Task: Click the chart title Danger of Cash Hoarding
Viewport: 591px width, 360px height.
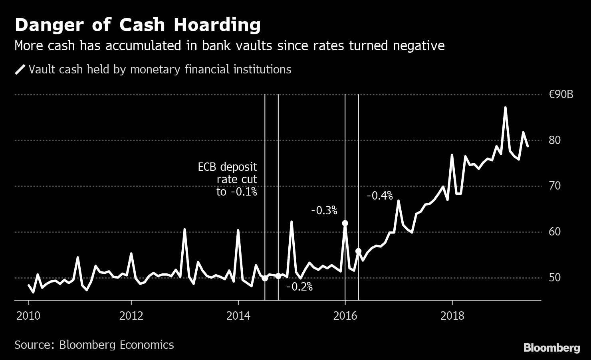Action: (137, 25)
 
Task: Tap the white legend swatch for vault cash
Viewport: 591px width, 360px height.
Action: (20, 70)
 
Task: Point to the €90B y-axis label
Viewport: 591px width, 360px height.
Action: (561, 95)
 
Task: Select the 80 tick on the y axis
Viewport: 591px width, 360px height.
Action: (555, 140)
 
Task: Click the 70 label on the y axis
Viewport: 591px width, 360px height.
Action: (555, 186)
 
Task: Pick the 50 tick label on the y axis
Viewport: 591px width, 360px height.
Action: (555, 277)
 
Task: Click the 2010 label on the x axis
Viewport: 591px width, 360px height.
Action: (28, 316)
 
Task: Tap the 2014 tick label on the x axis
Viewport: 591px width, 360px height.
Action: (238, 316)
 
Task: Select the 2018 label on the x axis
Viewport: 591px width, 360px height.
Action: (452, 316)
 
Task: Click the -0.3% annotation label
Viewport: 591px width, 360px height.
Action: (324, 210)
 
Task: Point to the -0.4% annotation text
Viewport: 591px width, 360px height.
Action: (380, 196)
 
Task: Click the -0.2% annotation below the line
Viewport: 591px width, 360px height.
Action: (299, 287)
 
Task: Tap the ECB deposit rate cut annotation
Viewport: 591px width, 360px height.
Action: (228, 179)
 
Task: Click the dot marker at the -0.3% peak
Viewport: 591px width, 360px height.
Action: (345, 223)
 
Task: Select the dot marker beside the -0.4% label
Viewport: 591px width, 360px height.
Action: (358, 251)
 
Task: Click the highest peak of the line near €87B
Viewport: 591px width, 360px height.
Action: (506, 107)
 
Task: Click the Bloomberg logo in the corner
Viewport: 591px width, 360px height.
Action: (551, 348)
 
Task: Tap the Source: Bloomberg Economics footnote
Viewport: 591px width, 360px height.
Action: (94, 345)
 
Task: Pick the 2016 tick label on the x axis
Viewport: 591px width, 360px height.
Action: (345, 316)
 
